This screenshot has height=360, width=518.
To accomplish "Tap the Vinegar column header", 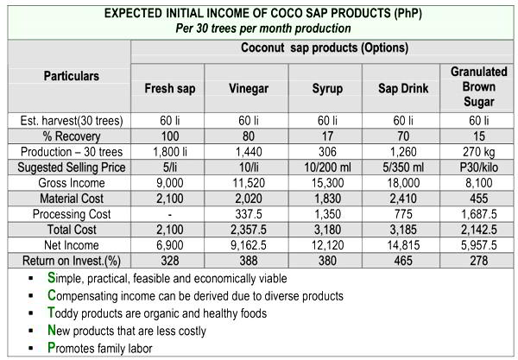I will [x=248, y=88].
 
